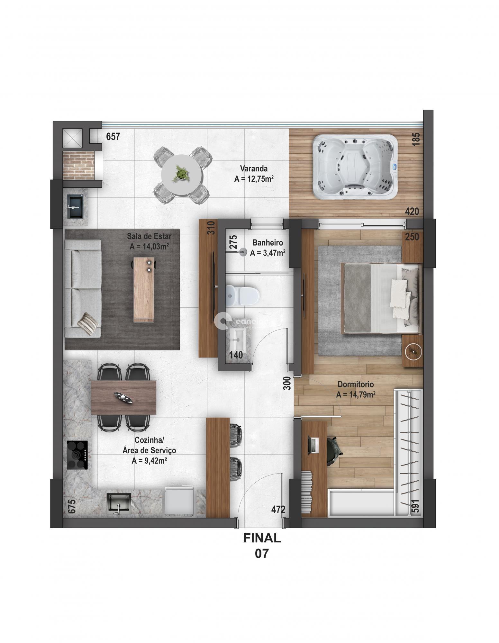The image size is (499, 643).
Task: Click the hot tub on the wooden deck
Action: pos(355,167)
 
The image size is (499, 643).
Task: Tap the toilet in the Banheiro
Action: pos(242,295)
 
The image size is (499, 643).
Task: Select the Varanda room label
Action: pos(254,168)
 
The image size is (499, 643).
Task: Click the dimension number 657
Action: pos(113,137)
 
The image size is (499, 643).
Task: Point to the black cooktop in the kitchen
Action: pos(77,455)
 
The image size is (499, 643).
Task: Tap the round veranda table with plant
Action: pos(181,175)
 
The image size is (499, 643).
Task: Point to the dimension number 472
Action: pos(278,510)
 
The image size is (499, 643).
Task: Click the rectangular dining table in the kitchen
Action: pos(124,397)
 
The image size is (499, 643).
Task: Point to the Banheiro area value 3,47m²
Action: pos(268,253)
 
